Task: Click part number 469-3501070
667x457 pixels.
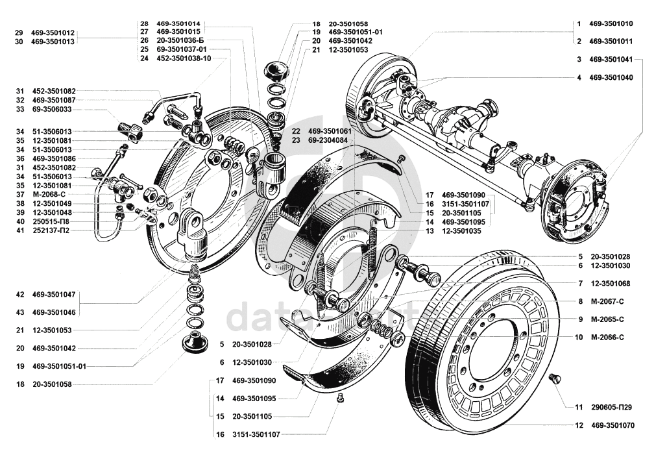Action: coord(612,426)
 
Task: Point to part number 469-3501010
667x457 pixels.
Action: coord(611,23)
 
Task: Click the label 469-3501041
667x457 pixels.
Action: coord(611,59)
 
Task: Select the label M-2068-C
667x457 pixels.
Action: coord(48,194)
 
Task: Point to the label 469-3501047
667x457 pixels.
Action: coord(54,294)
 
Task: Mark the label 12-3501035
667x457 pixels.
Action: coord(463,231)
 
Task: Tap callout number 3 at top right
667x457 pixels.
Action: coord(578,59)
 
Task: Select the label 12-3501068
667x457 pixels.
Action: coord(611,284)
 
